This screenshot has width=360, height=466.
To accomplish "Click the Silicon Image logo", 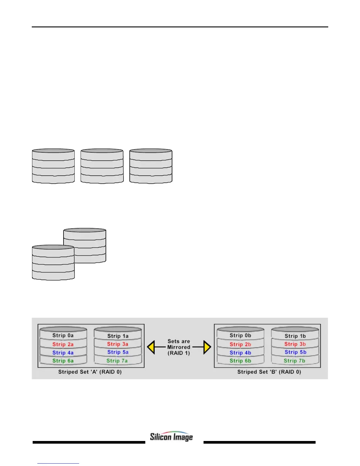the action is (x=171, y=437).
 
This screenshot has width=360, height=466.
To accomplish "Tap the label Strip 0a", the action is (x=63, y=335).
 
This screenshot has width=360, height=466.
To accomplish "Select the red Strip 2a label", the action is (x=63, y=344).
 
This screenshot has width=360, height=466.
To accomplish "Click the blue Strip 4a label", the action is (x=63, y=353).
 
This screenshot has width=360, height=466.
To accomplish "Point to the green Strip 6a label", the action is (x=63, y=361).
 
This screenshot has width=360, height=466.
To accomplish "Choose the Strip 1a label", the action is (x=118, y=336).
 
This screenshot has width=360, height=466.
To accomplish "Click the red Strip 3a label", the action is (x=118, y=344).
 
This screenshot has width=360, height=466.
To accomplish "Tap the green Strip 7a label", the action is (x=117, y=361).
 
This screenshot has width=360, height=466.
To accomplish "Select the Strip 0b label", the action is (x=240, y=335).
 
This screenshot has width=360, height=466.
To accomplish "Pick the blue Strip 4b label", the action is (x=240, y=353).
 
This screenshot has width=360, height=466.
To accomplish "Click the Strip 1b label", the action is (x=295, y=336).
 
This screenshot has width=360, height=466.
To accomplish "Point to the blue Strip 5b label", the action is (x=295, y=352).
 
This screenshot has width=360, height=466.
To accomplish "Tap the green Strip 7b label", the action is (x=294, y=361).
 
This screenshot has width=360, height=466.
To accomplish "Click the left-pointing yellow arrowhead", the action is (x=151, y=347).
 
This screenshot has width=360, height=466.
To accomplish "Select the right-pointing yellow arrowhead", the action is (x=207, y=347).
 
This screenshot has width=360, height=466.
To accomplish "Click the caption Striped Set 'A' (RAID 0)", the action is (x=90, y=372).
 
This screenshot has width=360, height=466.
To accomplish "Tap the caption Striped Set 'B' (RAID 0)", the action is (x=269, y=372).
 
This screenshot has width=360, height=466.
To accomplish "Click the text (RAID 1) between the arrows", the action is (x=179, y=353).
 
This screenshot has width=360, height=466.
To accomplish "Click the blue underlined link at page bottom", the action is (x=58, y=463).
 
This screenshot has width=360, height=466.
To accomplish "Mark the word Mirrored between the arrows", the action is (x=179, y=347).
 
